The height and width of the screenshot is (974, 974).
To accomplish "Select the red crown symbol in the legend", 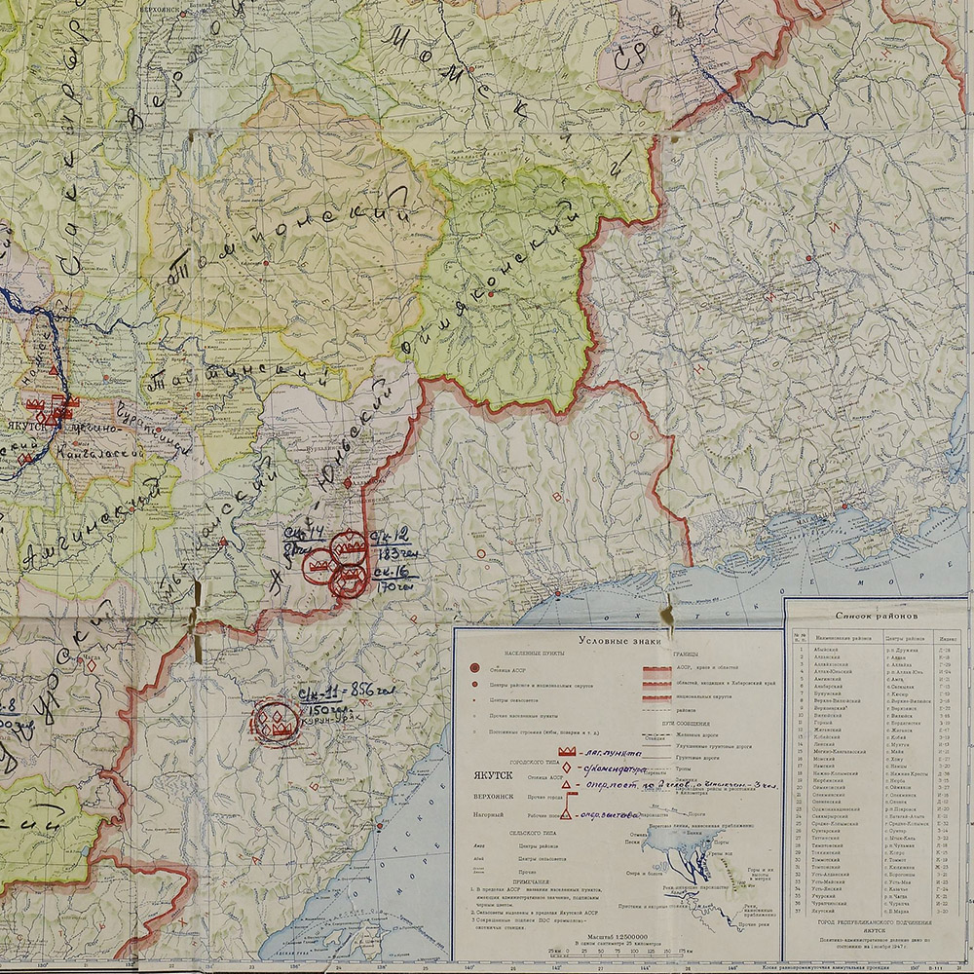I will tap(564, 753).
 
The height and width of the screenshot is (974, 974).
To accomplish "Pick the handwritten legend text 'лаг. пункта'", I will tap(611, 753).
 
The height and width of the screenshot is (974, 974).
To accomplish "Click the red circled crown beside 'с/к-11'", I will tap(276, 722).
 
